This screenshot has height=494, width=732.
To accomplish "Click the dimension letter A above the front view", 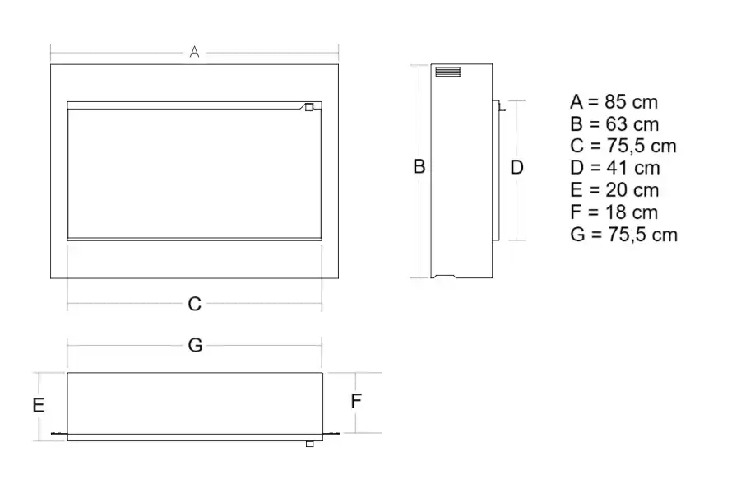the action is pyautogui.click(x=195, y=51).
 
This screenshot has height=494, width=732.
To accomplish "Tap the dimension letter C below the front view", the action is pyautogui.click(x=195, y=304).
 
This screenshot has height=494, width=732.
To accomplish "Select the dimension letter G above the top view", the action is pyautogui.click(x=195, y=345).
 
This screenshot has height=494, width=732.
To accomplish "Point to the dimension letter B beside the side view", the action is pyautogui.click(x=419, y=166).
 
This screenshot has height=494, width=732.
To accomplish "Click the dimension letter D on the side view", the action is pyautogui.click(x=517, y=167).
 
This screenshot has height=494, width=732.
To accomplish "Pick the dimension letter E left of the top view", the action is pyautogui.click(x=39, y=405).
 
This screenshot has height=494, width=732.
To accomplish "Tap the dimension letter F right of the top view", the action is pyautogui.click(x=356, y=401).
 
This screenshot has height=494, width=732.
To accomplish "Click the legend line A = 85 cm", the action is pyautogui.click(x=614, y=102).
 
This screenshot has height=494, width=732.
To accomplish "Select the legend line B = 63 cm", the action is pyautogui.click(x=614, y=124).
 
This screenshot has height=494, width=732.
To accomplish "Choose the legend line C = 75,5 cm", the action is pyautogui.click(x=623, y=146).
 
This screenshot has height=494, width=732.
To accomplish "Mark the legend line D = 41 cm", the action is pyautogui.click(x=615, y=168).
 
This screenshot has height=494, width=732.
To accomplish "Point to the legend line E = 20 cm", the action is pyautogui.click(x=614, y=189).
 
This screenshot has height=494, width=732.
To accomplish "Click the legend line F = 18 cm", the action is pyautogui.click(x=614, y=212).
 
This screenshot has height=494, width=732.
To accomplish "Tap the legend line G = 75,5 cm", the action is pyautogui.click(x=623, y=234).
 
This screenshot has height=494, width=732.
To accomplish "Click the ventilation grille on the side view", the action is pyautogui.click(x=448, y=72).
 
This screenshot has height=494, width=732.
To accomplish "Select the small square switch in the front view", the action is pyautogui.click(x=309, y=107).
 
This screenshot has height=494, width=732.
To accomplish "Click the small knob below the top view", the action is pyautogui.click(x=309, y=444).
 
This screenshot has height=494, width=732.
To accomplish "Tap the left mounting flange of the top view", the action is pyautogui.click(x=59, y=434).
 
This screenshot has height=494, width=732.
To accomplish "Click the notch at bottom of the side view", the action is pyautogui.click(x=443, y=276).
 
